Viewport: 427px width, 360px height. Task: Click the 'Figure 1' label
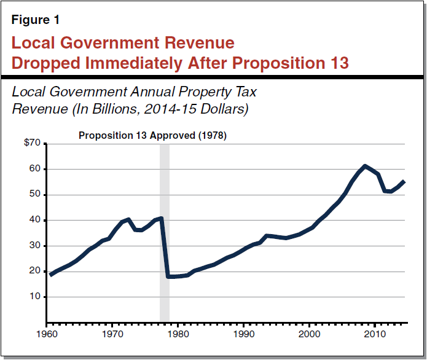[36, 20]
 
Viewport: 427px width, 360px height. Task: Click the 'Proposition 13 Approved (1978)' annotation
[152, 136]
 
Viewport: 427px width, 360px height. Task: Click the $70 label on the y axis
[32, 143]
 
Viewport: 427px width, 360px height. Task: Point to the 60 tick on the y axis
[35, 169]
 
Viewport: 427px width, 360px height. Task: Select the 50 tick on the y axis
[35, 195]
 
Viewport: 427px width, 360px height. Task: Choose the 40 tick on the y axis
[35, 220]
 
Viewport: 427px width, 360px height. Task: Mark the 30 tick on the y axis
[35, 246]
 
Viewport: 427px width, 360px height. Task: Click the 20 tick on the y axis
[35, 271]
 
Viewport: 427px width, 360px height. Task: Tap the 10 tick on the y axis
[35, 297]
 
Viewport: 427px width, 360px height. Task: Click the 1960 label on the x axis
[47, 334]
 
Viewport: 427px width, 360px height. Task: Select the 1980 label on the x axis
[178, 334]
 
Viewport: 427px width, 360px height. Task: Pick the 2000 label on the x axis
[309, 334]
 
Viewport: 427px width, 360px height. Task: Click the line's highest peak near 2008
[365, 166]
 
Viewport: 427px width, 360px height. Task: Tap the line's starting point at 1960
[50, 275]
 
